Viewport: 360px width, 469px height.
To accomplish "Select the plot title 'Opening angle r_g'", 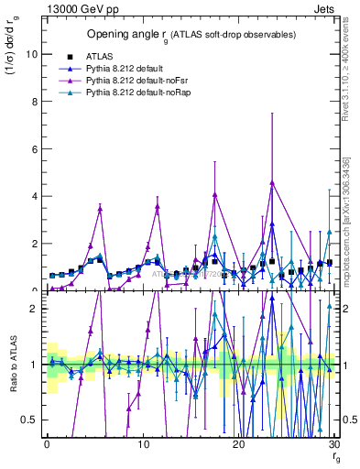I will pos(191,34).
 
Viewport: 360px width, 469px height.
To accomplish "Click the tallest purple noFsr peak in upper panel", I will pos(272,182).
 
